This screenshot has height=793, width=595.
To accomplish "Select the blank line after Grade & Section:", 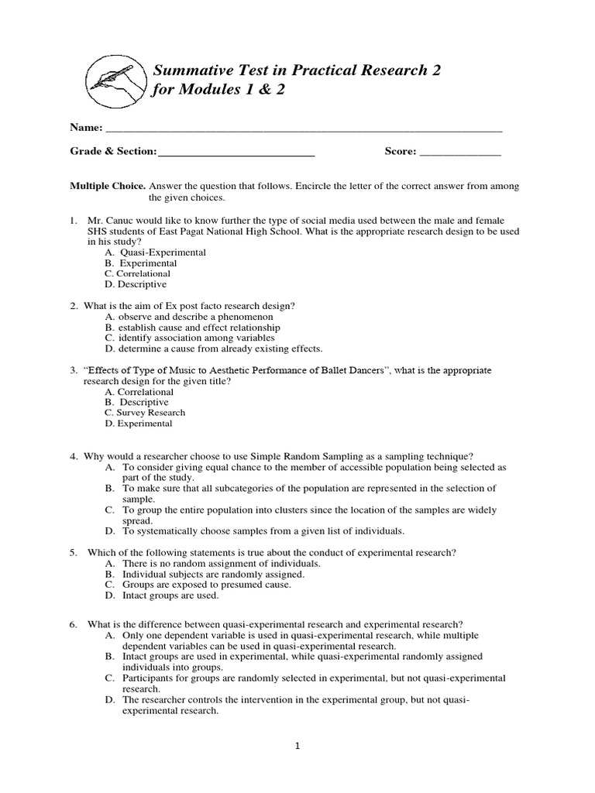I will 236,153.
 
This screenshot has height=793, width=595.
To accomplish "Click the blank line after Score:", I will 459,153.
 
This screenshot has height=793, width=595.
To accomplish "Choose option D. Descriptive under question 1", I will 136,284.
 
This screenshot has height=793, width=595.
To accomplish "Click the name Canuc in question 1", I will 123,221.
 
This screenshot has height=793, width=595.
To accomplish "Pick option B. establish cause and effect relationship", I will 192,328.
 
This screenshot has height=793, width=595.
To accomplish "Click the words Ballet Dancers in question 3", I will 349,371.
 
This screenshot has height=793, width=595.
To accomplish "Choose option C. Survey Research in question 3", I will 145,413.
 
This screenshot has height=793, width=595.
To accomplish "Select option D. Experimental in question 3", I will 139,424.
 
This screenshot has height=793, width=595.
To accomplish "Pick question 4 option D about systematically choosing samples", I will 255,531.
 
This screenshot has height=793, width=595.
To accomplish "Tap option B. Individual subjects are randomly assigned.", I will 205,575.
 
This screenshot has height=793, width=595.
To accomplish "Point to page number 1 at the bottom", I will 297,747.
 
